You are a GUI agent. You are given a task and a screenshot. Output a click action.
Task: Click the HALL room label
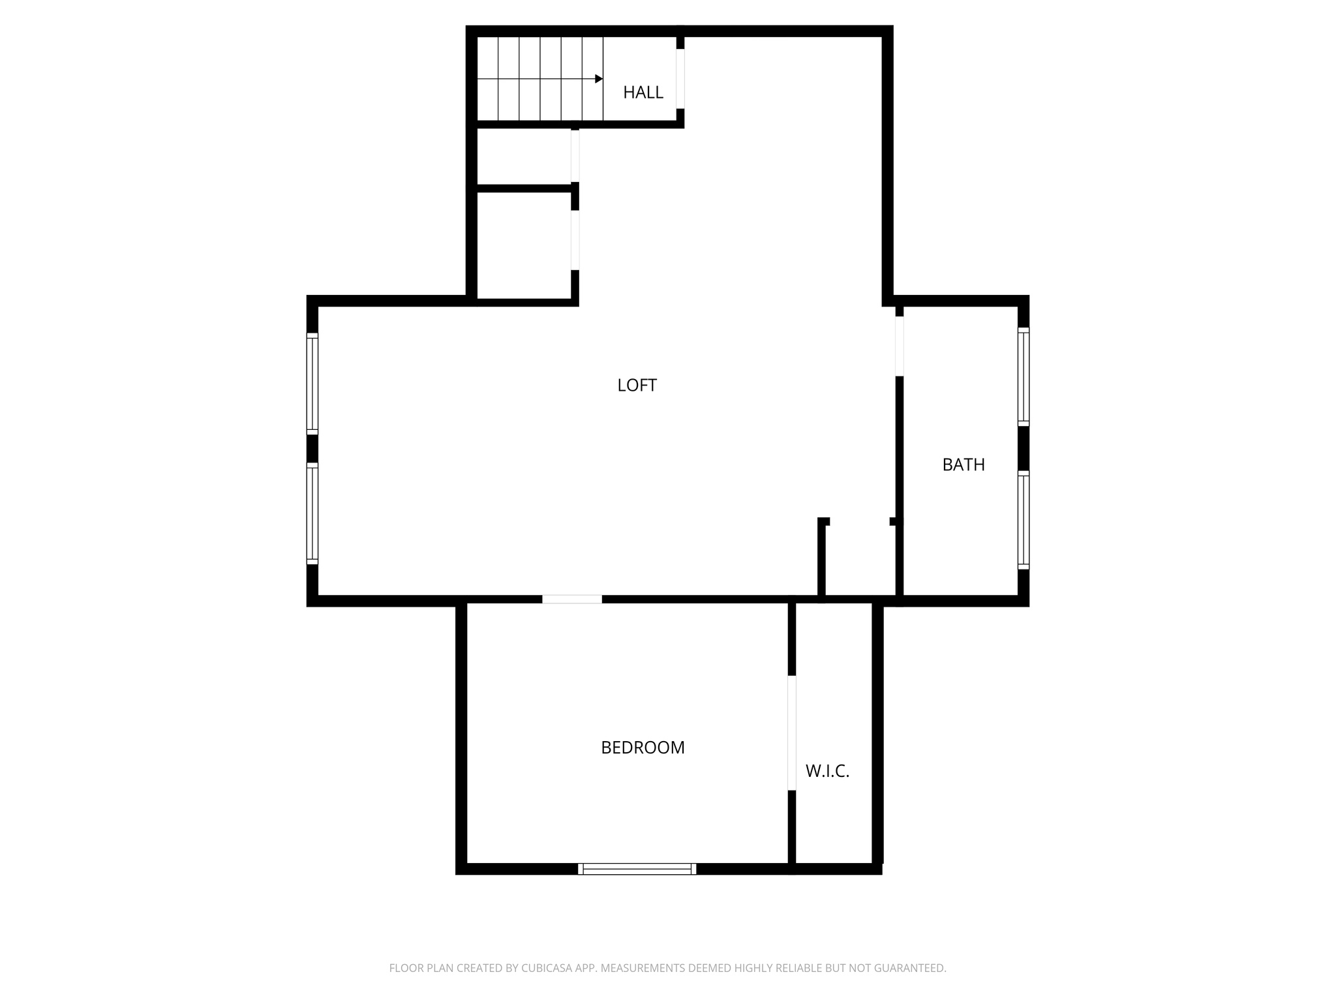(643, 93)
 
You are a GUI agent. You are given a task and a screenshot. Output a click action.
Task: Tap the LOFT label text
(637, 386)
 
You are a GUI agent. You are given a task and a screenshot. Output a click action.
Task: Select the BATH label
(963, 465)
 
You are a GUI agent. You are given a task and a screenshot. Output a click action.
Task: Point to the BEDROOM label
(643, 748)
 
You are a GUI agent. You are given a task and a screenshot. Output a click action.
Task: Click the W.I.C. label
(827, 772)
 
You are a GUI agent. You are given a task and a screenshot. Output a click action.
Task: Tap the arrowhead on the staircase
(599, 79)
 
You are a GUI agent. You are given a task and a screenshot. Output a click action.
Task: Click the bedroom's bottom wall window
(637, 868)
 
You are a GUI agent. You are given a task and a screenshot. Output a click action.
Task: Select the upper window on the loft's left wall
(312, 384)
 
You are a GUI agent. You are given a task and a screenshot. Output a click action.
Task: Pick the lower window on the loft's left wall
(312, 513)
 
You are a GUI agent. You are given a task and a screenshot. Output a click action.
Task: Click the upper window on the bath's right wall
(1024, 376)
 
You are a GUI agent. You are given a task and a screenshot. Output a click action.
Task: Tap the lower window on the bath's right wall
(1024, 520)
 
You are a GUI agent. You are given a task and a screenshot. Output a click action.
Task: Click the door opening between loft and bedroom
(572, 599)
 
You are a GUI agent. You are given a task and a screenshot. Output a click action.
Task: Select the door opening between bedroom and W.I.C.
(792, 733)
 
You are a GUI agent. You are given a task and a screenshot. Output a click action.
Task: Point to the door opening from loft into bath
(899, 346)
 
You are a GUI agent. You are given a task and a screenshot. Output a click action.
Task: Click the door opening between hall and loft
(680, 79)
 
